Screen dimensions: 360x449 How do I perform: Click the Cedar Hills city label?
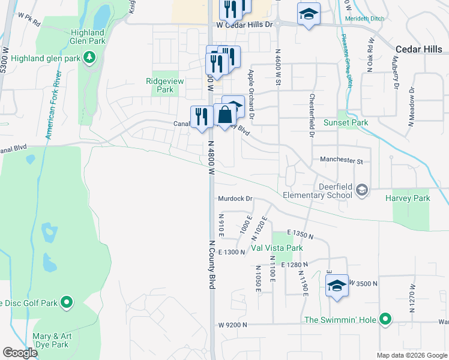click(x=421, y=49)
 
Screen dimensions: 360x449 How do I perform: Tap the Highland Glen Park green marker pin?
click(x=89, y=58)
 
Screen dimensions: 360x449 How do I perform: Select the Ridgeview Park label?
click(x=160, y=85)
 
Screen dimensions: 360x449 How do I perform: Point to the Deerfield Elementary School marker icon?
click(x=362, y=190)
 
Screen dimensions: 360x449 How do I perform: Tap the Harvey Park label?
click(x=408, y=198)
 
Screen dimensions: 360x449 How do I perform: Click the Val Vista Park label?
click(x=277, y=248)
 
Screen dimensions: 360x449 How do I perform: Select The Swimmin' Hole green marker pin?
click(x=387, y=320)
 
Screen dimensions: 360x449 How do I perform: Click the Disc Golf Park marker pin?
click(x=67, y=302)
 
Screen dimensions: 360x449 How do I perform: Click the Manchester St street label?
click(x=342, y=161)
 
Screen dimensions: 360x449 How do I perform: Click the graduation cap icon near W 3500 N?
click(x=337, y=286)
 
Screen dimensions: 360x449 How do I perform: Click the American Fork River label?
click(x=53, y=105)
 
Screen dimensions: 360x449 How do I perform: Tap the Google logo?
click(x=19, y=353)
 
